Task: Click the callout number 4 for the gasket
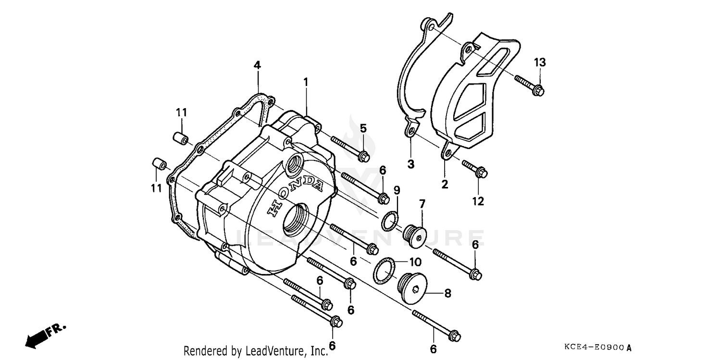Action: click(x=257, y=65)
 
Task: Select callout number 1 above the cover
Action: click(x=305, y=83)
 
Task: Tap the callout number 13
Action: click(x=540, y=62)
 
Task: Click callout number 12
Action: click(x=478, y=201)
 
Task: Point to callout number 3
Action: click(x=411, y=164)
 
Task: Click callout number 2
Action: click(x=445, y=184)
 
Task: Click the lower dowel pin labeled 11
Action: click(x=159, y=163)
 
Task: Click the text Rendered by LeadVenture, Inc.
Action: click(x=255, y=350)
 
